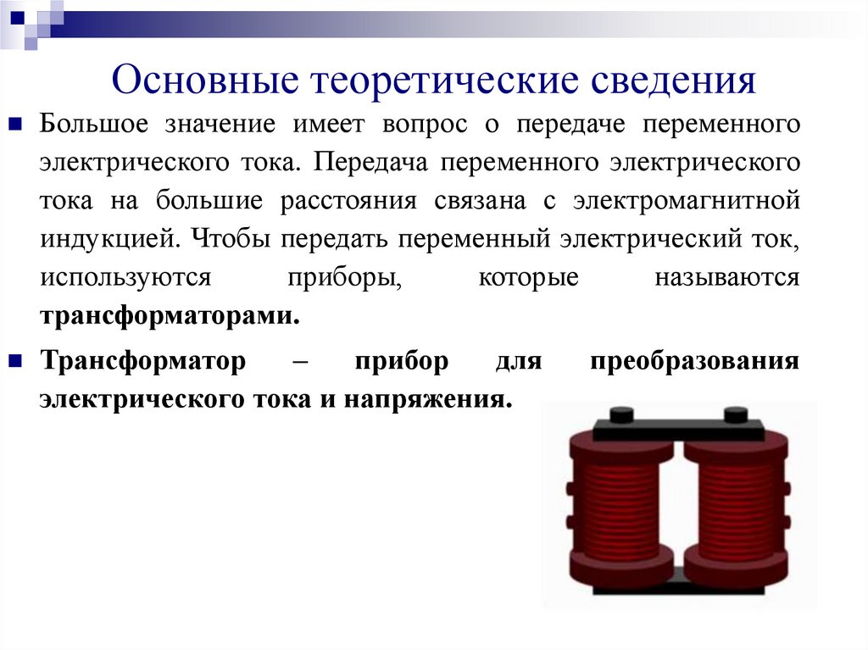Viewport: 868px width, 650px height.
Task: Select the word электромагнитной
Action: click(686, 202)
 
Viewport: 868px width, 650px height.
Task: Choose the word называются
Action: click(726, 277)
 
